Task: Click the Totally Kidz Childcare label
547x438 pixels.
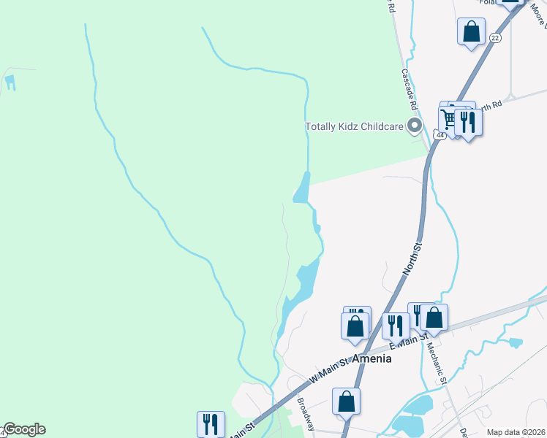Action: coord(354,127)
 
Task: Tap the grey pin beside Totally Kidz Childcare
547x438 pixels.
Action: coord(415,127)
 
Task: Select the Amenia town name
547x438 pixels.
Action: coord(371,359)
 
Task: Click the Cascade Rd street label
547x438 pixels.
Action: coord(409,90)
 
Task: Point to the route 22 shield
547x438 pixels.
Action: coord(495,37)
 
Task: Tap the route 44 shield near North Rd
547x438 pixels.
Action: coord(439,135)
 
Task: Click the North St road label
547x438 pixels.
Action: coord(413,260)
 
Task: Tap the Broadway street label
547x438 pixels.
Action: coord(305,413)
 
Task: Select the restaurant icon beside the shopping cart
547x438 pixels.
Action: coord(468,121)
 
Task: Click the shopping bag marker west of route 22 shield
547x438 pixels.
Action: coord(471,32)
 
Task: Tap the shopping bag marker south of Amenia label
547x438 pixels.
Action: coord(346,401)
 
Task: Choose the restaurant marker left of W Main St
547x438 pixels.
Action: coord(210,423)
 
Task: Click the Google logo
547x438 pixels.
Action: coord(23,429)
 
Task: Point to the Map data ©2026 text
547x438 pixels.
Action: coord(516,432)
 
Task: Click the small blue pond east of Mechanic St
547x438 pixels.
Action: coord(515,342)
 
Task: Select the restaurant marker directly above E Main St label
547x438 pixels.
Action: coord(396,325)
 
